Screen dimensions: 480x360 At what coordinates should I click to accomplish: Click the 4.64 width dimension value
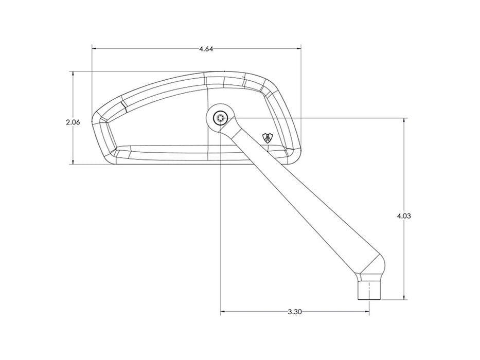click(206, 49)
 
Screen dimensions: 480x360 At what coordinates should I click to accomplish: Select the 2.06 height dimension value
click(73, 122)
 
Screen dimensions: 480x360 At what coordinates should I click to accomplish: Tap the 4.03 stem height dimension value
click(404, 216)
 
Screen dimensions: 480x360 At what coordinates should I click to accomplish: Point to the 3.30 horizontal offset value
click(295, 312)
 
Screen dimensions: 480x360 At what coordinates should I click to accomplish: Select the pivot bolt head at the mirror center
click(220, 118)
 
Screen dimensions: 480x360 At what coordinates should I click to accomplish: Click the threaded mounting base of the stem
click(370, 291)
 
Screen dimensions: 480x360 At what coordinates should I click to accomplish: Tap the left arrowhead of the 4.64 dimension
click(95, 48)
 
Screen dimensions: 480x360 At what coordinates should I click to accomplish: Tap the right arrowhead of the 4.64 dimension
click(298, 48)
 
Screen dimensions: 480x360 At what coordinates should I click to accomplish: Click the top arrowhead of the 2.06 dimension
click(73, 75)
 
